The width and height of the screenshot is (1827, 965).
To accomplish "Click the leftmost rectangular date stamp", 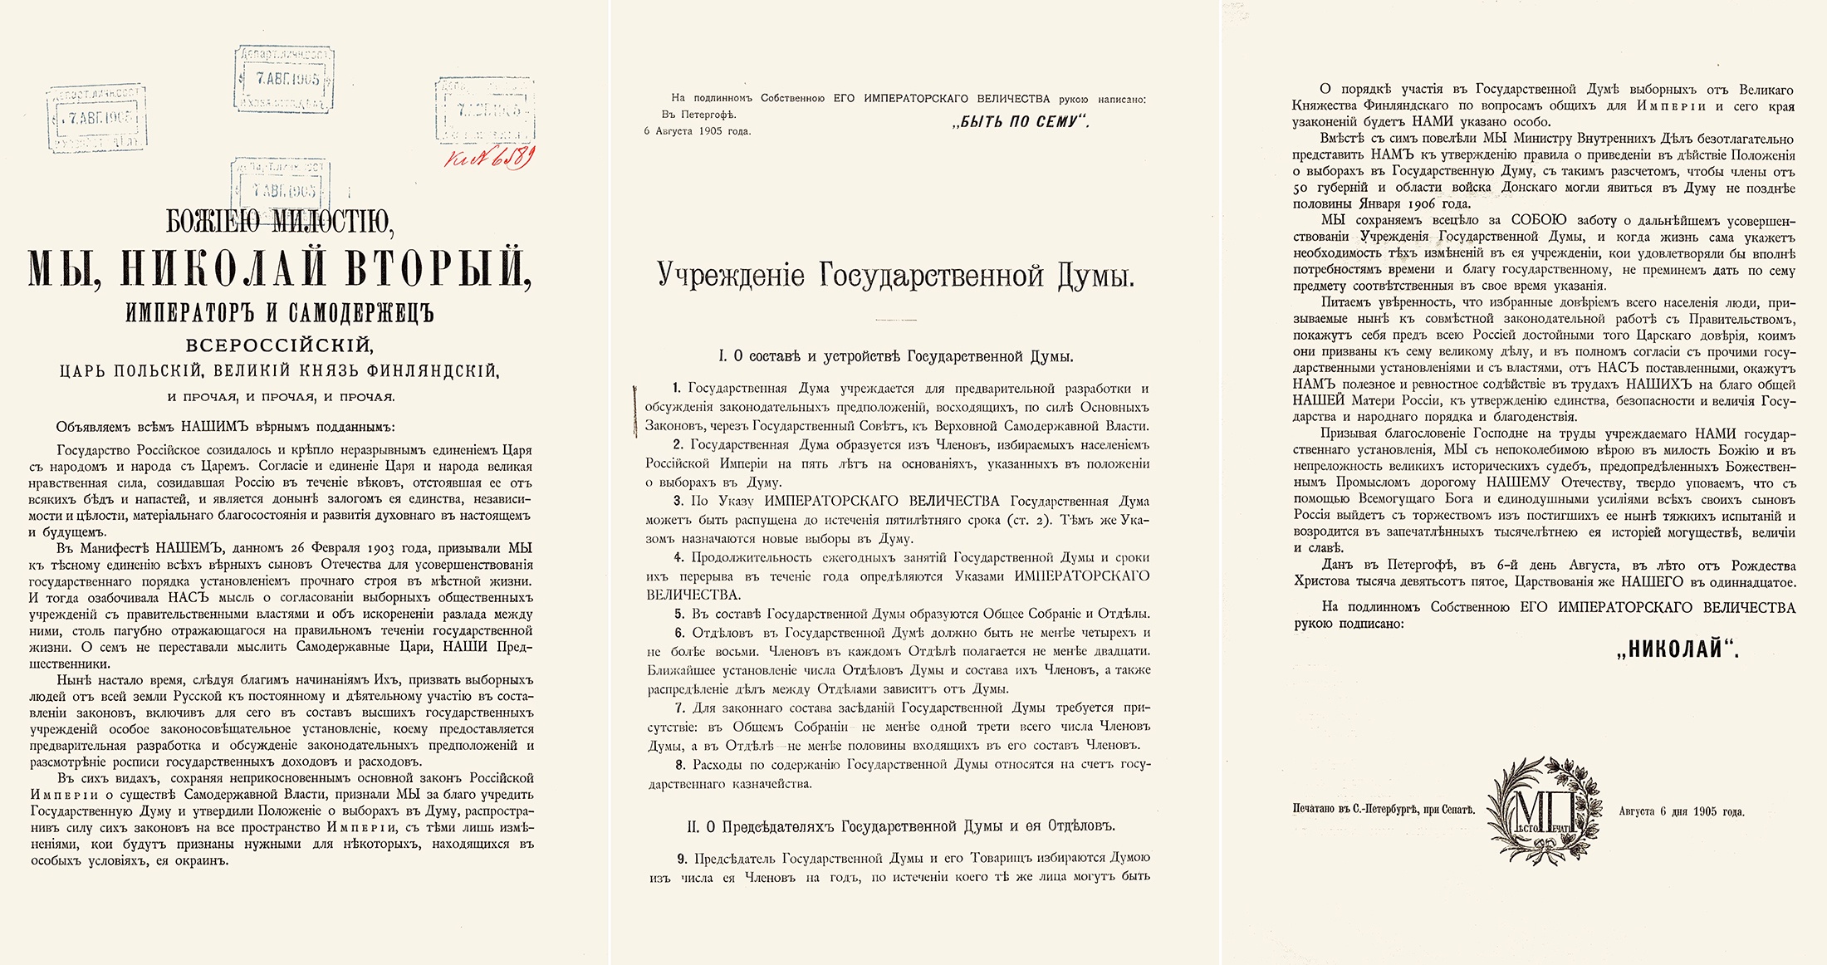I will (97, 117).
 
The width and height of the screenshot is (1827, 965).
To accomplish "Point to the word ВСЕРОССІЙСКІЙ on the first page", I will (279, 344).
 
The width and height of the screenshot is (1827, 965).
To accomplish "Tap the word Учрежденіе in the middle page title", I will (731, 275).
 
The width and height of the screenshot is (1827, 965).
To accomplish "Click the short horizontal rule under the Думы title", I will (895, 319).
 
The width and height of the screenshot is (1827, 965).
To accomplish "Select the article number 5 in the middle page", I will (678, 615).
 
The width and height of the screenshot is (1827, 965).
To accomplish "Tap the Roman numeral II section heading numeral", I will (693, 826).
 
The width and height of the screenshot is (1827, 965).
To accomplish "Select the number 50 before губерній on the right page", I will (1302, 189).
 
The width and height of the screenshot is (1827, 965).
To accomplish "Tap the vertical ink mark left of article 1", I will (635, 409).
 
